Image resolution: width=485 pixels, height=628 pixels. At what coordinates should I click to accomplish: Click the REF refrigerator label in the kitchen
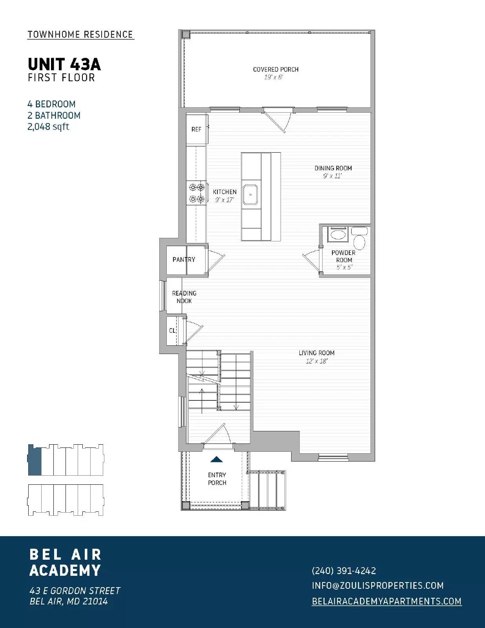coord(196,129)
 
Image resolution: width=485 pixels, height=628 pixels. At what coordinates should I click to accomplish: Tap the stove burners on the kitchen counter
coord(196,193)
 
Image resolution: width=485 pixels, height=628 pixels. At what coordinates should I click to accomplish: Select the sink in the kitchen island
coord(251,194)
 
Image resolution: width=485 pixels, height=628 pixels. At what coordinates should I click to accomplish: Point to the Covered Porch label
coord(275,69)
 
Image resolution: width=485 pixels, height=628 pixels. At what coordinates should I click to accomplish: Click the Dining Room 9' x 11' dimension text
coord(332,176)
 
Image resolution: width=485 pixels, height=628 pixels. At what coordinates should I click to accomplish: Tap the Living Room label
coord(316,353)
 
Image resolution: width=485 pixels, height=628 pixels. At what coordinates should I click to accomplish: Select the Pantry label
coord(184,259)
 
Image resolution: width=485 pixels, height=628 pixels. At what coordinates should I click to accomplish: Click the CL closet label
coord(172,330)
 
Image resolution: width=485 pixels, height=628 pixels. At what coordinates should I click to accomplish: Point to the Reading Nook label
coord(184,297)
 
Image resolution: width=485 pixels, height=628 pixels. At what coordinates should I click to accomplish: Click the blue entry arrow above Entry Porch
coord(217,459)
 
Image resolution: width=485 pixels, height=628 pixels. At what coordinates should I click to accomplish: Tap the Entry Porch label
coord(217,479)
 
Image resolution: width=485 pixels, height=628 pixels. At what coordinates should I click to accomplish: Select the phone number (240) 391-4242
coord(344,571)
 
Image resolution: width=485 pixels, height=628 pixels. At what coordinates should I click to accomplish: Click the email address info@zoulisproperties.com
coord(377,586)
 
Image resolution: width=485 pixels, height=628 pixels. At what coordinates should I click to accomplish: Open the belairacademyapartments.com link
coord(387,601)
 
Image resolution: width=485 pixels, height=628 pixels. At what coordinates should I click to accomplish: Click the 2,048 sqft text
coord(48,127)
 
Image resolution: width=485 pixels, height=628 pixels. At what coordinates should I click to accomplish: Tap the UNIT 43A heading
coord(64,64)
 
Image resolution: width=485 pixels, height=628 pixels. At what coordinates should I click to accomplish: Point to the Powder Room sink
coord(337,235)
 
